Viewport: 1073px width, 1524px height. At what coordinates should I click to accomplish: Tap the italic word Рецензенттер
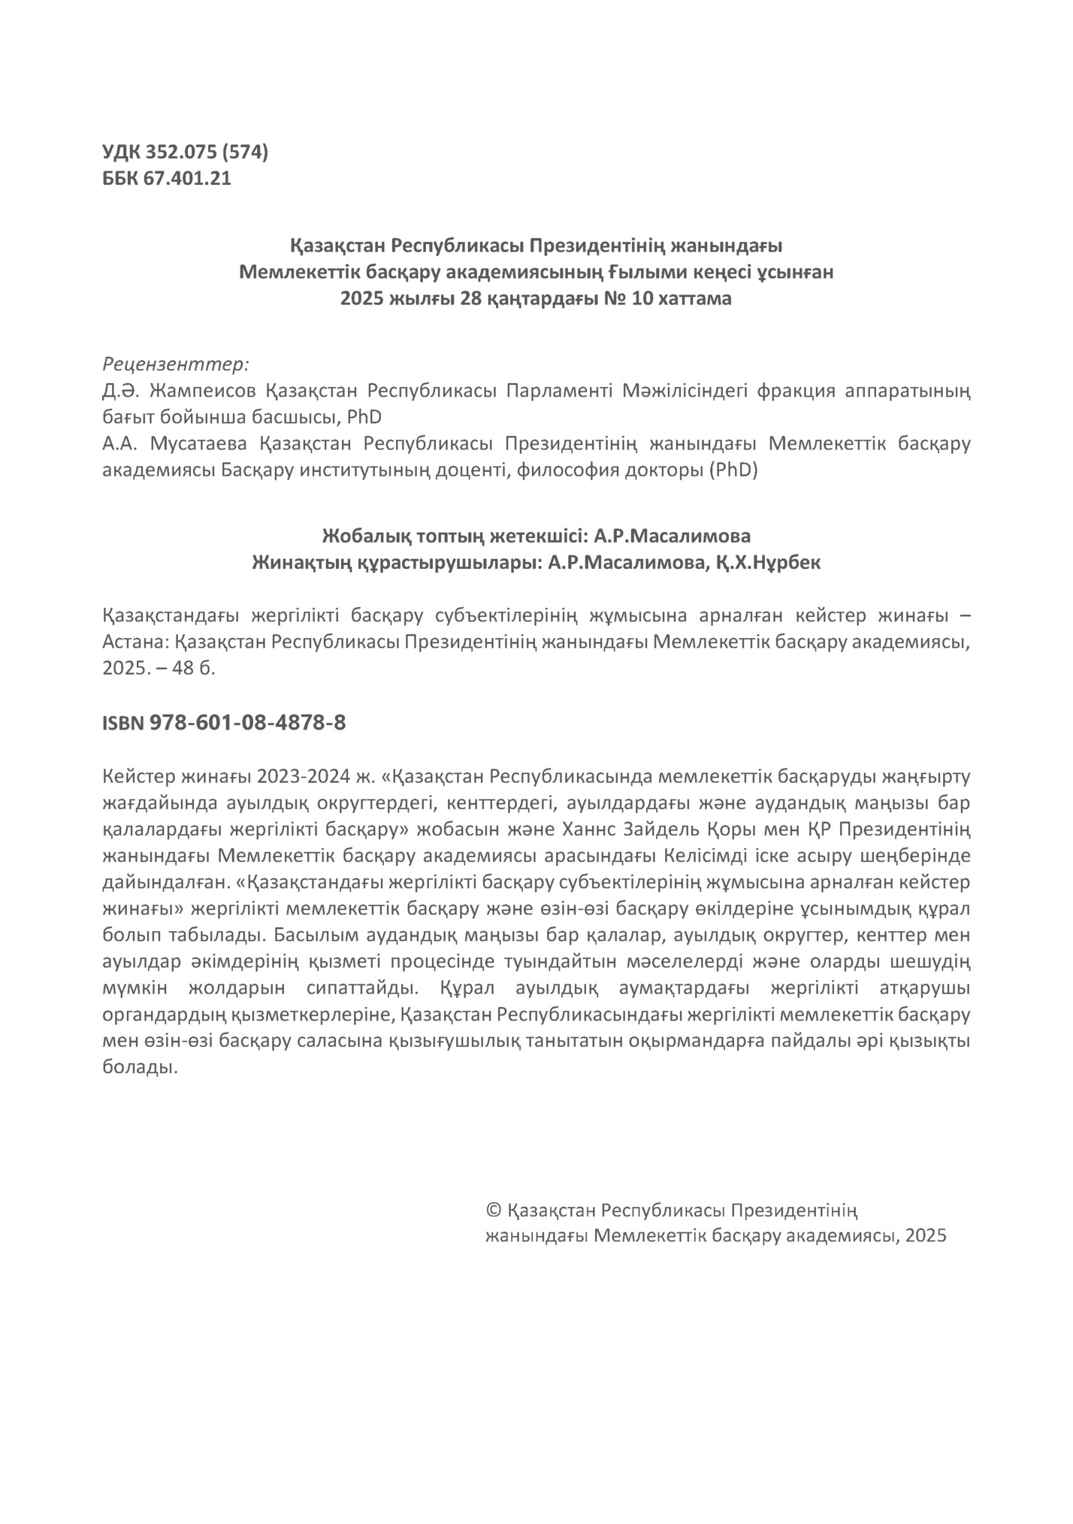pos(175,364)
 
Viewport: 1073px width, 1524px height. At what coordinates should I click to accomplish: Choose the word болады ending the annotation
pos(140,1068)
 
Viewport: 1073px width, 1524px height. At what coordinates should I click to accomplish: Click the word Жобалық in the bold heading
pos(359,537)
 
